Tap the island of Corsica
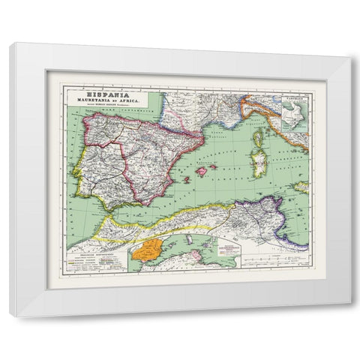(261, 139)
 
